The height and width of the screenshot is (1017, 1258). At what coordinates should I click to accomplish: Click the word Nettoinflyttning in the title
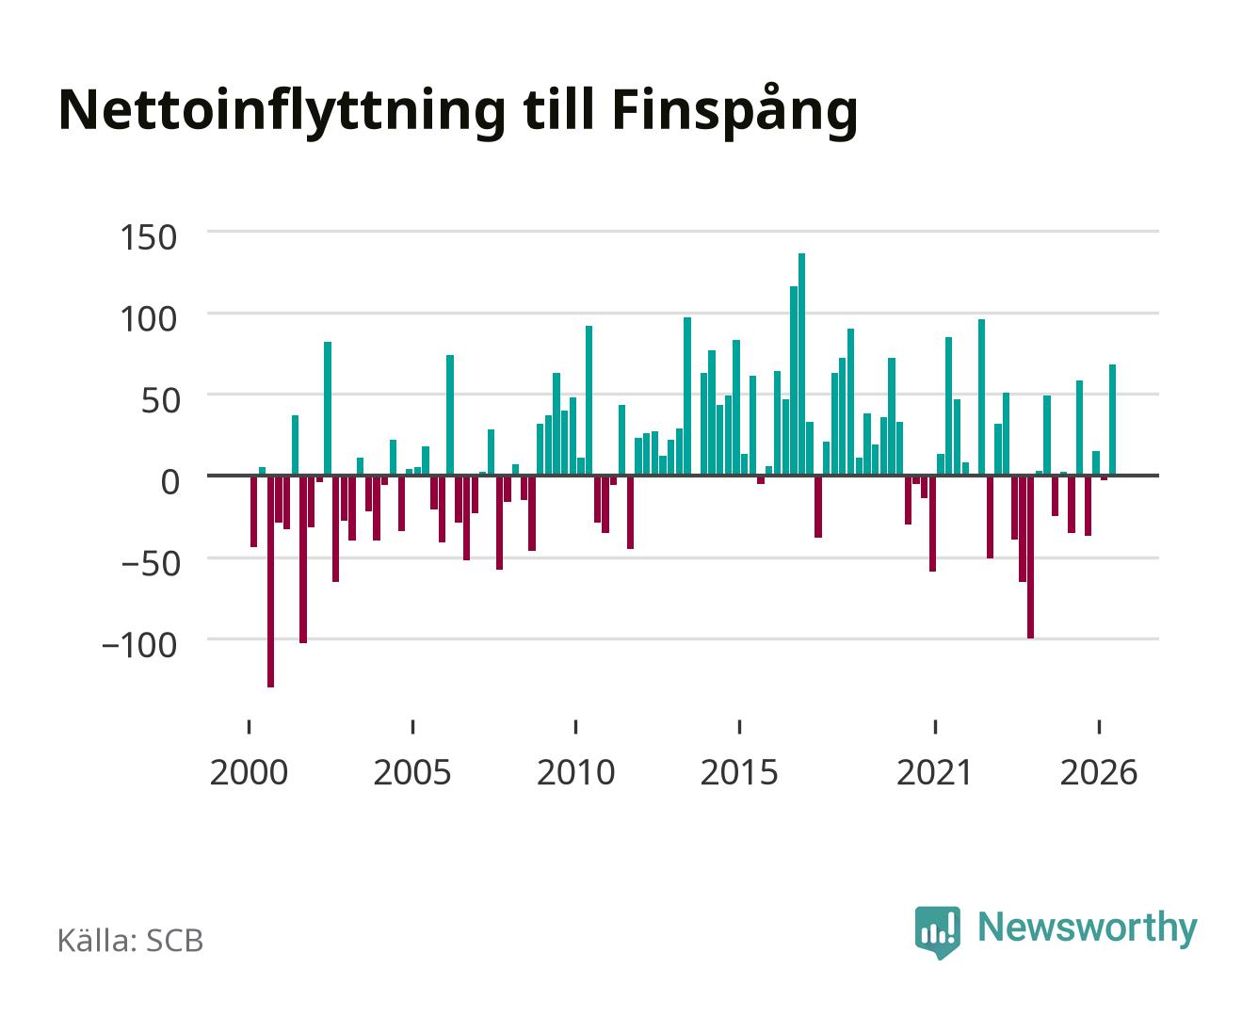click(282, 111)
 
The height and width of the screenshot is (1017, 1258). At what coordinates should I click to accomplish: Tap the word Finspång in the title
click(734, 110)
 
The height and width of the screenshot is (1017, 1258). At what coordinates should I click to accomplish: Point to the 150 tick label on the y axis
click(148, 237)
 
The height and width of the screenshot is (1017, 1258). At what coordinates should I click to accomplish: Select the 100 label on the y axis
click(148, 319)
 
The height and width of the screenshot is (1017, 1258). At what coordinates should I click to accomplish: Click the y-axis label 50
click(159, 400)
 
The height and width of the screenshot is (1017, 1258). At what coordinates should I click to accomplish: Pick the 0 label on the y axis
click(169, 482)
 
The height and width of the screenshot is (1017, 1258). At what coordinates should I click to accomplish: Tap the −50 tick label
click(150, 563)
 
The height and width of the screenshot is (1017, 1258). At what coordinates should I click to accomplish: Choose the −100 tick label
click(139, 645)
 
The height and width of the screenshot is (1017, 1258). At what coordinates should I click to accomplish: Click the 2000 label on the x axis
click(249, 772)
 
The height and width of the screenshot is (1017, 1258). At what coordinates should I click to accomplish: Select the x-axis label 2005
click(412, 772)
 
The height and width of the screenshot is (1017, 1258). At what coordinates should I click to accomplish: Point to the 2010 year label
click(576, 772)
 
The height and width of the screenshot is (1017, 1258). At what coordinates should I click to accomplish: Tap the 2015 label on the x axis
click(739, 772)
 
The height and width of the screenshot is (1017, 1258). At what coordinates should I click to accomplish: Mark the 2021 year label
click(934, 772)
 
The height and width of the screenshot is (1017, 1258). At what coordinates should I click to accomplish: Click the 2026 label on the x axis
click(1099, 772)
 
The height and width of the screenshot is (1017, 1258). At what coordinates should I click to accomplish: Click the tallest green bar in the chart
click(801, 363)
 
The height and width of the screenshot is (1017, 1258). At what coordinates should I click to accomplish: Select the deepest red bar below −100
click(270, 581)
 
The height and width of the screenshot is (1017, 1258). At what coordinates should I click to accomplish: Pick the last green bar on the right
click(1112, 420)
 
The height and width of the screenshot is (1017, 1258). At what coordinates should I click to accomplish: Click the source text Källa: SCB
click(131, 941)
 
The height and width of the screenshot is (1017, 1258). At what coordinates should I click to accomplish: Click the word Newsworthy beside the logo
click(1088, 928)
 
